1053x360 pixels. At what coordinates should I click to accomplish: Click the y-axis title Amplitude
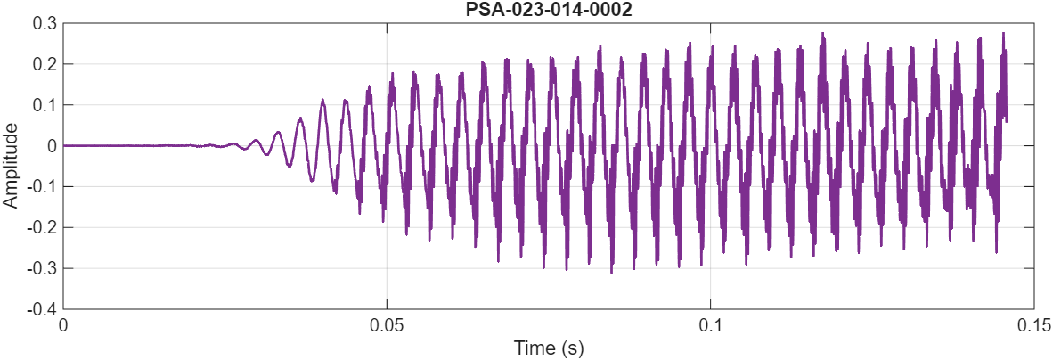pos(11,166)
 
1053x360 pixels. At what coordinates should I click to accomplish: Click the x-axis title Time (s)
pos(548,348)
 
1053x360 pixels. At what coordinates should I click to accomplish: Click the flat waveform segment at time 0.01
pos(128,145)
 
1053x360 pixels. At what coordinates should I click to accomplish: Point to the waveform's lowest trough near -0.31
pos(611,272)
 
